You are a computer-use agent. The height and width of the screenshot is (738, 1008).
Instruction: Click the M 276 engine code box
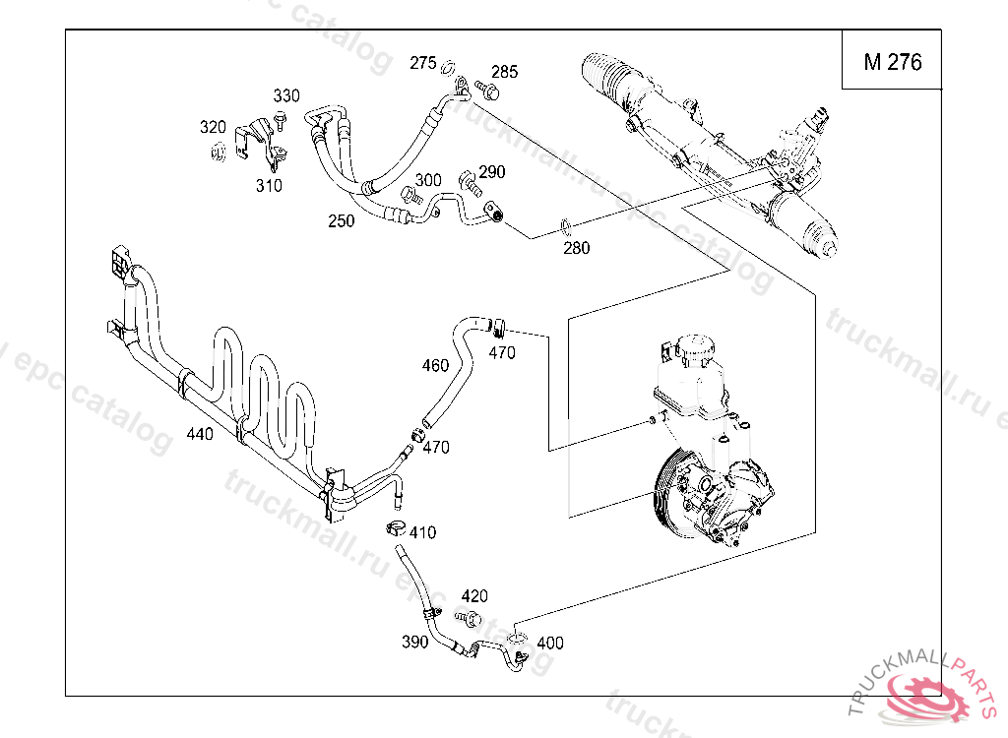[893, 62]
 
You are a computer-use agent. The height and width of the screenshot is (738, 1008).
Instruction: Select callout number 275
[422, 63]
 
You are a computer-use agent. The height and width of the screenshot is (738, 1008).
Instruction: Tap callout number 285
[504, 72]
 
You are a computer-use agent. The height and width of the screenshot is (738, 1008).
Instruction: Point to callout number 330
[286, 95]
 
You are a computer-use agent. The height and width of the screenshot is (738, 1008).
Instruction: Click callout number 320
[213, 127]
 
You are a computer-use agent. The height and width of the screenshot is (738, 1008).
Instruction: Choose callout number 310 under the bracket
[269, 185]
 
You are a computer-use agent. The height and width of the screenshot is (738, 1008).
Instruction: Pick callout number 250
[342, 221]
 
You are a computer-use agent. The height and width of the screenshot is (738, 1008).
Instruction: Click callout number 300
[428, 180]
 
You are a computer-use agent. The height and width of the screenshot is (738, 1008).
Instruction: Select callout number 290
[492, 172]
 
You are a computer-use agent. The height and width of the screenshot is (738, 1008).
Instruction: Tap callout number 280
[576, 248]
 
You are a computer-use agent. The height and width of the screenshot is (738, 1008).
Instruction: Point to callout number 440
[200, 434]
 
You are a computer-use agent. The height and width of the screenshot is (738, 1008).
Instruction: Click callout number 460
[435, 366]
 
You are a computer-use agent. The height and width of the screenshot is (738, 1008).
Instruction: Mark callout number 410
[422, 533]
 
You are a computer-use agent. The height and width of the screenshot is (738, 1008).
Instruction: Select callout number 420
[474, 596]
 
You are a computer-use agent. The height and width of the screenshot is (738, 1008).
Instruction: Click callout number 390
[415, 643]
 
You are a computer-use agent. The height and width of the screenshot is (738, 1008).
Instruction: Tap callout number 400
[550, 643]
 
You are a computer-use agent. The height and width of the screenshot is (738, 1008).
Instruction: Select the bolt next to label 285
[487, 92]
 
